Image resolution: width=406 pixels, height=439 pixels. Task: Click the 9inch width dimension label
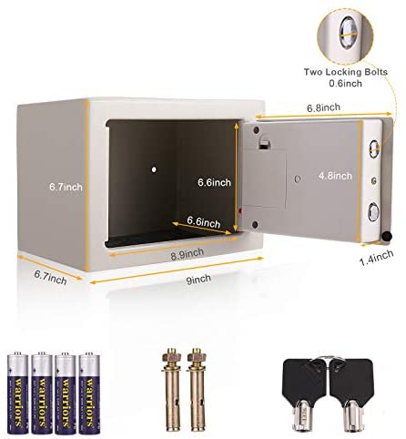click(x=198, y=279)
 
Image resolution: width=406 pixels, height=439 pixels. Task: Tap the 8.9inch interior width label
click(x=187, y=254)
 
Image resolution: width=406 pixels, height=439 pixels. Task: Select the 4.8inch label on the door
click(x=335, y=176)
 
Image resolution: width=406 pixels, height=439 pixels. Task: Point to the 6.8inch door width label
click(x=323, y=107)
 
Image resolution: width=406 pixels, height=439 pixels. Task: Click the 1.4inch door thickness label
click(x=377, y=258)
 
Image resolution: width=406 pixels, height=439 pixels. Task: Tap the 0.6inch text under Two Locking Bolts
click(x=346, y=83)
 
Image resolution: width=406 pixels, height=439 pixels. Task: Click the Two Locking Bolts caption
click(x=346, y=72)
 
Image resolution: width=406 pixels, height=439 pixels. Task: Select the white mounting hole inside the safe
click(x=154, y=169)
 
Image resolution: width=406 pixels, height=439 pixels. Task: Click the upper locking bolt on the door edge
click(x=374, y=148)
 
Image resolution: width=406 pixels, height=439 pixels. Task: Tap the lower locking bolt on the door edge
click(x=373, y=212)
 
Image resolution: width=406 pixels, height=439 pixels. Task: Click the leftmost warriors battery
click(x=17, y=393)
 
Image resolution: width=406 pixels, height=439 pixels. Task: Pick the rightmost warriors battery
click(x=90, y=393)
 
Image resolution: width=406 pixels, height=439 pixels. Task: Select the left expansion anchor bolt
click(x=172, y=390)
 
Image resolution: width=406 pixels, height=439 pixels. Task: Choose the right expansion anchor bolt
click(x=197, y=390)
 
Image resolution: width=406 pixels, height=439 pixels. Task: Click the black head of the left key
click(x=302, y=379)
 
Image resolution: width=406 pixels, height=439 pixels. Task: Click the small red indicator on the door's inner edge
click(x=239, y=210)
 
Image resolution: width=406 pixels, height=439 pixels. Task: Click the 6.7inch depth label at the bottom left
click(x=50, y=277)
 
